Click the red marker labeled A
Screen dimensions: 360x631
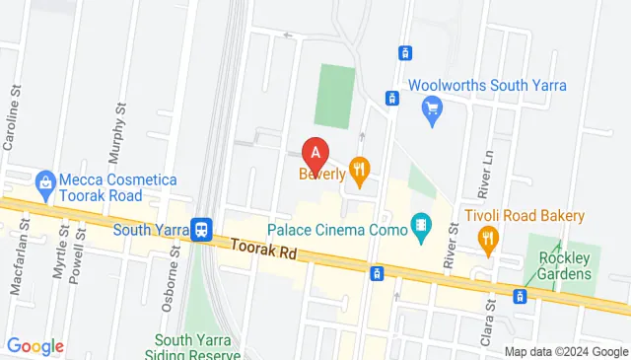coord(315,153)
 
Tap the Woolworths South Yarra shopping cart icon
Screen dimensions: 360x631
coord(431,108)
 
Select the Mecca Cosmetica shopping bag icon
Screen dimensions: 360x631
coord(44,181)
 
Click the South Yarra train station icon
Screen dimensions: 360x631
coord(201,230)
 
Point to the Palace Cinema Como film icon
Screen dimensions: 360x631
coord(422,230)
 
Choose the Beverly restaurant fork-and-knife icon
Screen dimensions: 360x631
coord(359,174)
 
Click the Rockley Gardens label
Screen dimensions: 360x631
coord(562,264)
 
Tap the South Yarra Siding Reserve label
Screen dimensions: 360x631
coord(192,347)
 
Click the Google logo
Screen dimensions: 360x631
coord(35,346)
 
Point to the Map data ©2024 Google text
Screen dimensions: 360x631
coord(566,352)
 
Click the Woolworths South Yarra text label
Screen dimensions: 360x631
coord(487,86)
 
